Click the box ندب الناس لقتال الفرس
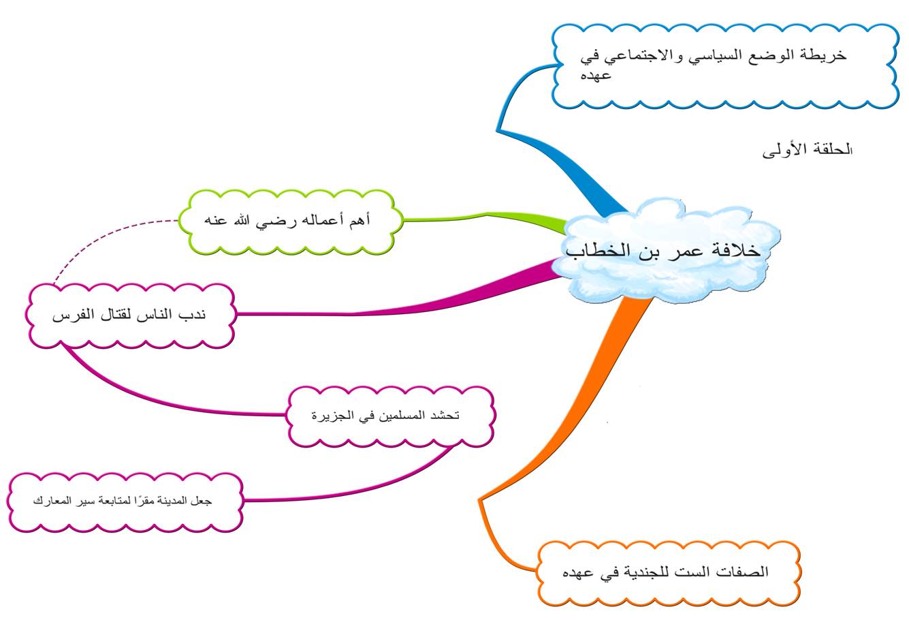click(130, 316)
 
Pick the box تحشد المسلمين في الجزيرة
click(390, 416)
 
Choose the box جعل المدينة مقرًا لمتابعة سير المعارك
click(125, 501)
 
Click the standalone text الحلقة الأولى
click(807, 151)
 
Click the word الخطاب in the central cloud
click(592, 251)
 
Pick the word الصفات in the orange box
click(746, 572)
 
